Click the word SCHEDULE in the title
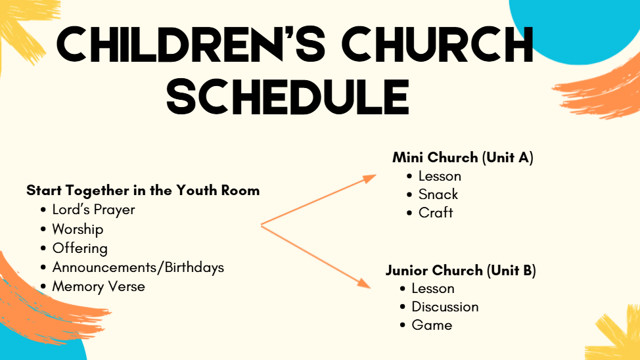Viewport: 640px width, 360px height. pyautogui.click(x=288, y=97)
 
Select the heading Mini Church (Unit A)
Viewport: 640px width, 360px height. pyautogui.click(x=463, y=158)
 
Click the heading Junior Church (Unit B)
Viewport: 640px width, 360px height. pyautogui.click(x=461, y=270)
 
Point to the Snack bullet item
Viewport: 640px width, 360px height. pyautogui.click(x=438, y=194)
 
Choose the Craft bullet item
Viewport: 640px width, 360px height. pyautogui.click(x=436, y=213)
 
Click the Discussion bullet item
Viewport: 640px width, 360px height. pyautogui.click(x=445, y=307)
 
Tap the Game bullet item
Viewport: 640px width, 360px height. pyautogui.click(x=432, y=325)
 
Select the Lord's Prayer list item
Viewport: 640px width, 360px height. pyautogui.click(x=93, y=210)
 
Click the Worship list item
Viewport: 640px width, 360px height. pyautogui.click(x=78, y=229)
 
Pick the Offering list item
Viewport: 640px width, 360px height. pyautogui.click(x=80, y=248)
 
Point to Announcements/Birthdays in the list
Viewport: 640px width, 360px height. pyautogui.click(x=138, y=267)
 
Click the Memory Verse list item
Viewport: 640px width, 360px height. pyautogui.click(x=99, y=286)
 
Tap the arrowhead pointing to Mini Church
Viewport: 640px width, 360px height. pyautogui.click(x=369, y=179)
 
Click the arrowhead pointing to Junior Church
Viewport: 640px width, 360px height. pyautogui.click(x=364, y=284)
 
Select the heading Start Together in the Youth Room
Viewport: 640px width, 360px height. pyautogui.click(x=143, y=191)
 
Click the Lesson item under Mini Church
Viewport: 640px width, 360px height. pyautogui.click(x=440, y=176)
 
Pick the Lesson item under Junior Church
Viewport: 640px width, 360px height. pyautogui.click(x=432, y=288)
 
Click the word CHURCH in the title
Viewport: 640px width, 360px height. pyautogui.click(x=438, y=45)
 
